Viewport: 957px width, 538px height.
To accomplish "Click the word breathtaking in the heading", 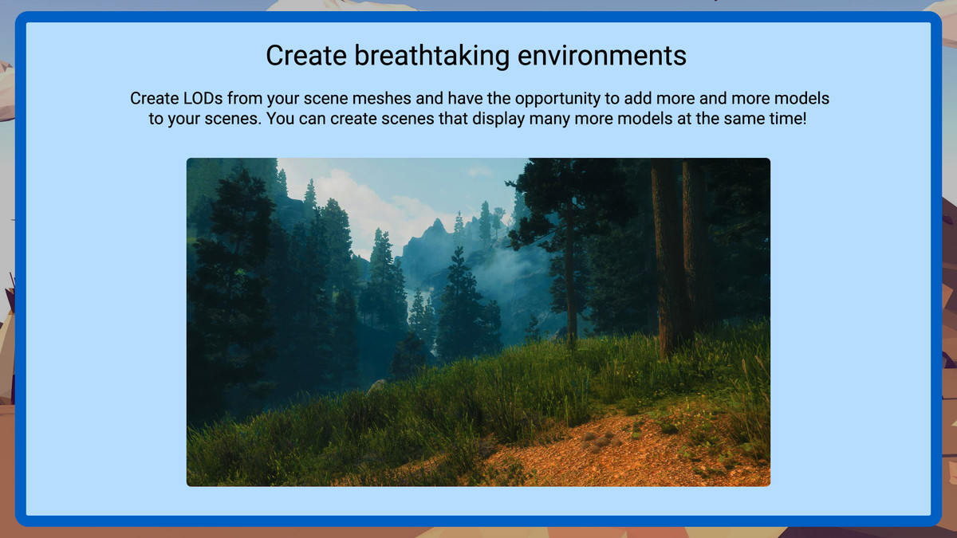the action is pos(431,56).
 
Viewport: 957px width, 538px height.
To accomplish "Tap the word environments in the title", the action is pos(601,56).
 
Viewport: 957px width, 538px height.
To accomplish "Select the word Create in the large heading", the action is pos(306,56).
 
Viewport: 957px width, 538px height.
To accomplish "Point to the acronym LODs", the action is pos(203,99).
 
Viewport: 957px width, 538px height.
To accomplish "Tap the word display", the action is pos(498,119).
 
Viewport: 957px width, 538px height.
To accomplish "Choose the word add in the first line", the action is pos(637,99).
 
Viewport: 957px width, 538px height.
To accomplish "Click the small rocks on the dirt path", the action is pos(601,441).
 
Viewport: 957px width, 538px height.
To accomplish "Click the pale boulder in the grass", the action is pos(376,387).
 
